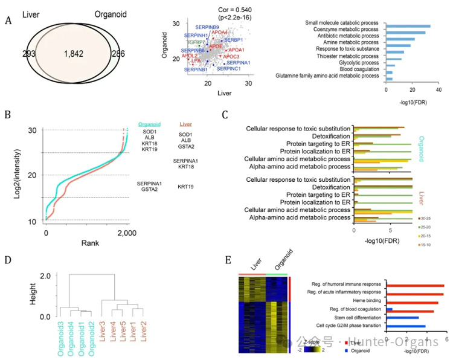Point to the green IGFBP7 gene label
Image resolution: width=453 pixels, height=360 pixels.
[196, 43]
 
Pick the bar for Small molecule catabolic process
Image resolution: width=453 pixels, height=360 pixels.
[408, 26]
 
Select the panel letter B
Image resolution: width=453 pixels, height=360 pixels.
[7, 114]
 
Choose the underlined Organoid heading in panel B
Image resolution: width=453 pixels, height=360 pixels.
[150, 124]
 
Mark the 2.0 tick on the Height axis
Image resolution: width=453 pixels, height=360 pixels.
[43, 275]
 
